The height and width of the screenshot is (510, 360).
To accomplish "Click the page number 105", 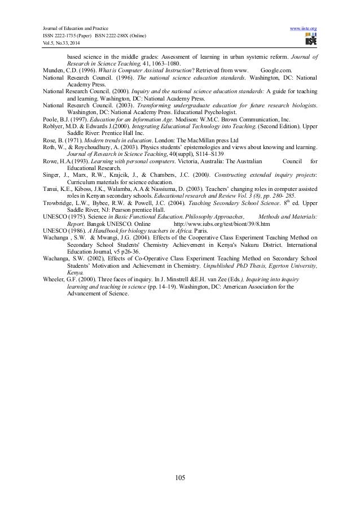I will pyautogui.click(x=180, y=479).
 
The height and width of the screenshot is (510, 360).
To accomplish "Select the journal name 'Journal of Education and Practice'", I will pyautogui.click(x=72, y=28).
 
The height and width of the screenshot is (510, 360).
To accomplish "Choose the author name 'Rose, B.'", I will pyautogui.click(x=54, y=139).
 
